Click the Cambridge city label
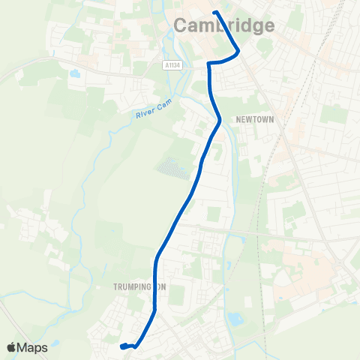pos(224,25)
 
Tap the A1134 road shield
pos(172,66)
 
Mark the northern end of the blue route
pos(215,13)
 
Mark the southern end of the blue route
pos(121,346)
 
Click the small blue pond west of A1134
pos(73,75)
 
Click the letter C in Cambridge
pos(181,25)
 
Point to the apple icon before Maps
pos(11,346)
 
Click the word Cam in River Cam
pos(165,104)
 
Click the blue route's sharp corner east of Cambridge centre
pos(238,52)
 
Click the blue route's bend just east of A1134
pos(208,64)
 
